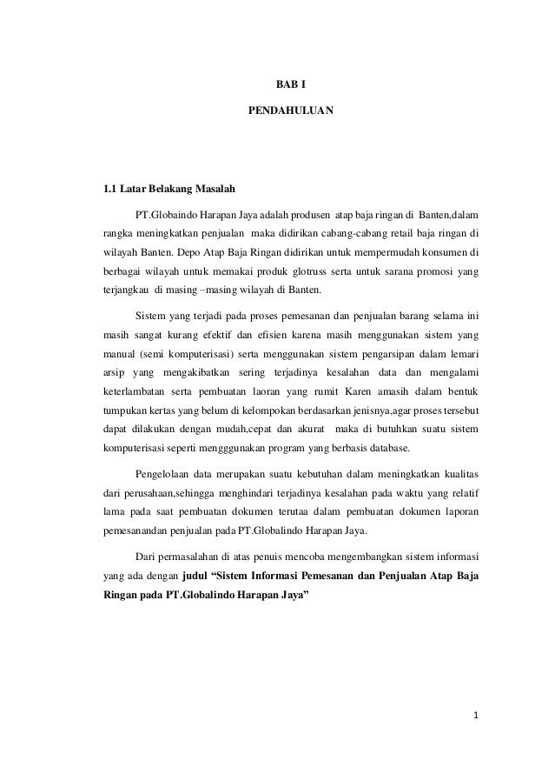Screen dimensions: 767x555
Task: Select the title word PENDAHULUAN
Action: tap(285, 112)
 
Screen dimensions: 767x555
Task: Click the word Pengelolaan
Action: tap(164, 475)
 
